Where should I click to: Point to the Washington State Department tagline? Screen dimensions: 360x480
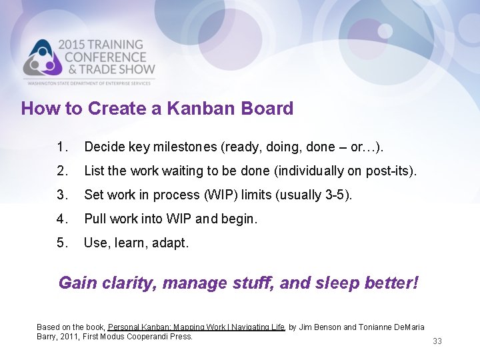coord(90,83)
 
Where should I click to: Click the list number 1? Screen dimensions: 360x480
coord(62,147)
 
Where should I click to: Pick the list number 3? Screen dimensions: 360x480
coord(62,195)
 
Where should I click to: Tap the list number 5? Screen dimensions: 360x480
coord(62,243)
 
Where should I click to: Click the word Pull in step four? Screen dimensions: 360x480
coord(95,219)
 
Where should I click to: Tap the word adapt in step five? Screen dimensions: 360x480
coord(170,243)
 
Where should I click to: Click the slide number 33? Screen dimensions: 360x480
coord(437,341)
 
